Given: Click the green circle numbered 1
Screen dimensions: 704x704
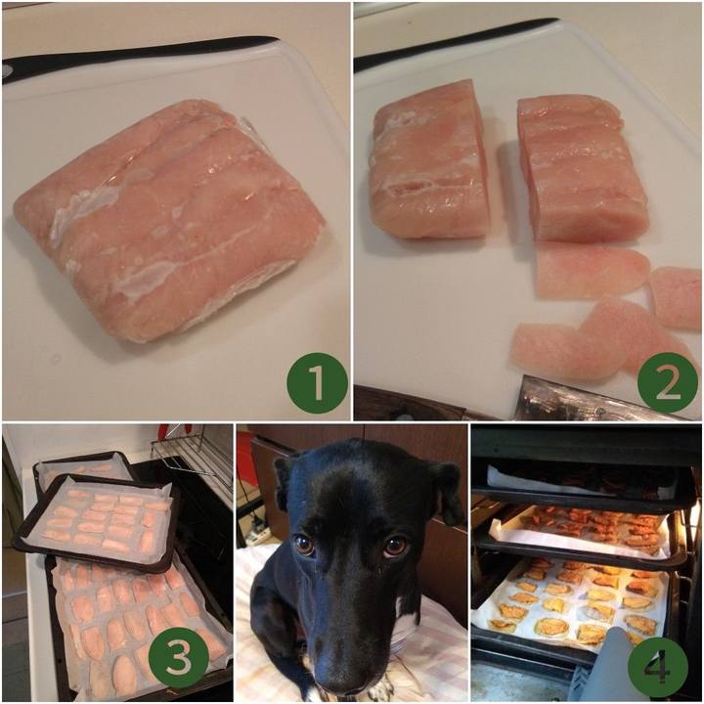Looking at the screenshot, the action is [318, 383].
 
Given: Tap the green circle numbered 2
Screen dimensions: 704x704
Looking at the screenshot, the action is [668, 383].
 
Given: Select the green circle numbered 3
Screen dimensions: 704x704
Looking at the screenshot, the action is [178, 659].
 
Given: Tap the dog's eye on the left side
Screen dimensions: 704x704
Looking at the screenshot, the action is [304, 545].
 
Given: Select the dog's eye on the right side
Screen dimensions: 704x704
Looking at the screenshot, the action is [396, 546].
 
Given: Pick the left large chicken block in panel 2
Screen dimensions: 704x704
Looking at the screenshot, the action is [429, 161].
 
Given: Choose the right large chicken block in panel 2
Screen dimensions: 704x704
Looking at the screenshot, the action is [582, 168].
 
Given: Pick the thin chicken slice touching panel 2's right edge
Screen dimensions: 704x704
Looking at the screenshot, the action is [676, 296].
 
